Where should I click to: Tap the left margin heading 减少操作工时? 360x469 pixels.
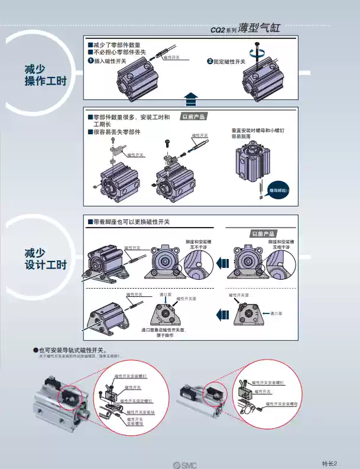pyautogui.click(x=37, y=75)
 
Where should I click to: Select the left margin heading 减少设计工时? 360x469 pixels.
pyautogui.click(x=37, y=258)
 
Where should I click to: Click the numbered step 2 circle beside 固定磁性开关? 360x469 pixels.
pyautogui.click(x=209, y=61)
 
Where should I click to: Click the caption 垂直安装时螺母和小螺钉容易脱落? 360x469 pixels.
pyautogui.click(x=249, y=133)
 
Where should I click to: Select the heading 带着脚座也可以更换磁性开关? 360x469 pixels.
pyautogui.click(x=128, y=221)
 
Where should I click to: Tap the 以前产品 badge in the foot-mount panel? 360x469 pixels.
pyautogui.click(x=264, y=234)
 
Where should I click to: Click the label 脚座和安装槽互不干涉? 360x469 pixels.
pyautogui.click(x=198, y=244)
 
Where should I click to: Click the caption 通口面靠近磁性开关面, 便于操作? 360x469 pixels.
pyautogui.click(x=163, y=332)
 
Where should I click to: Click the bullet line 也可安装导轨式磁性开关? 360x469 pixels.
pyautogui.click(x=74, y=350)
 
